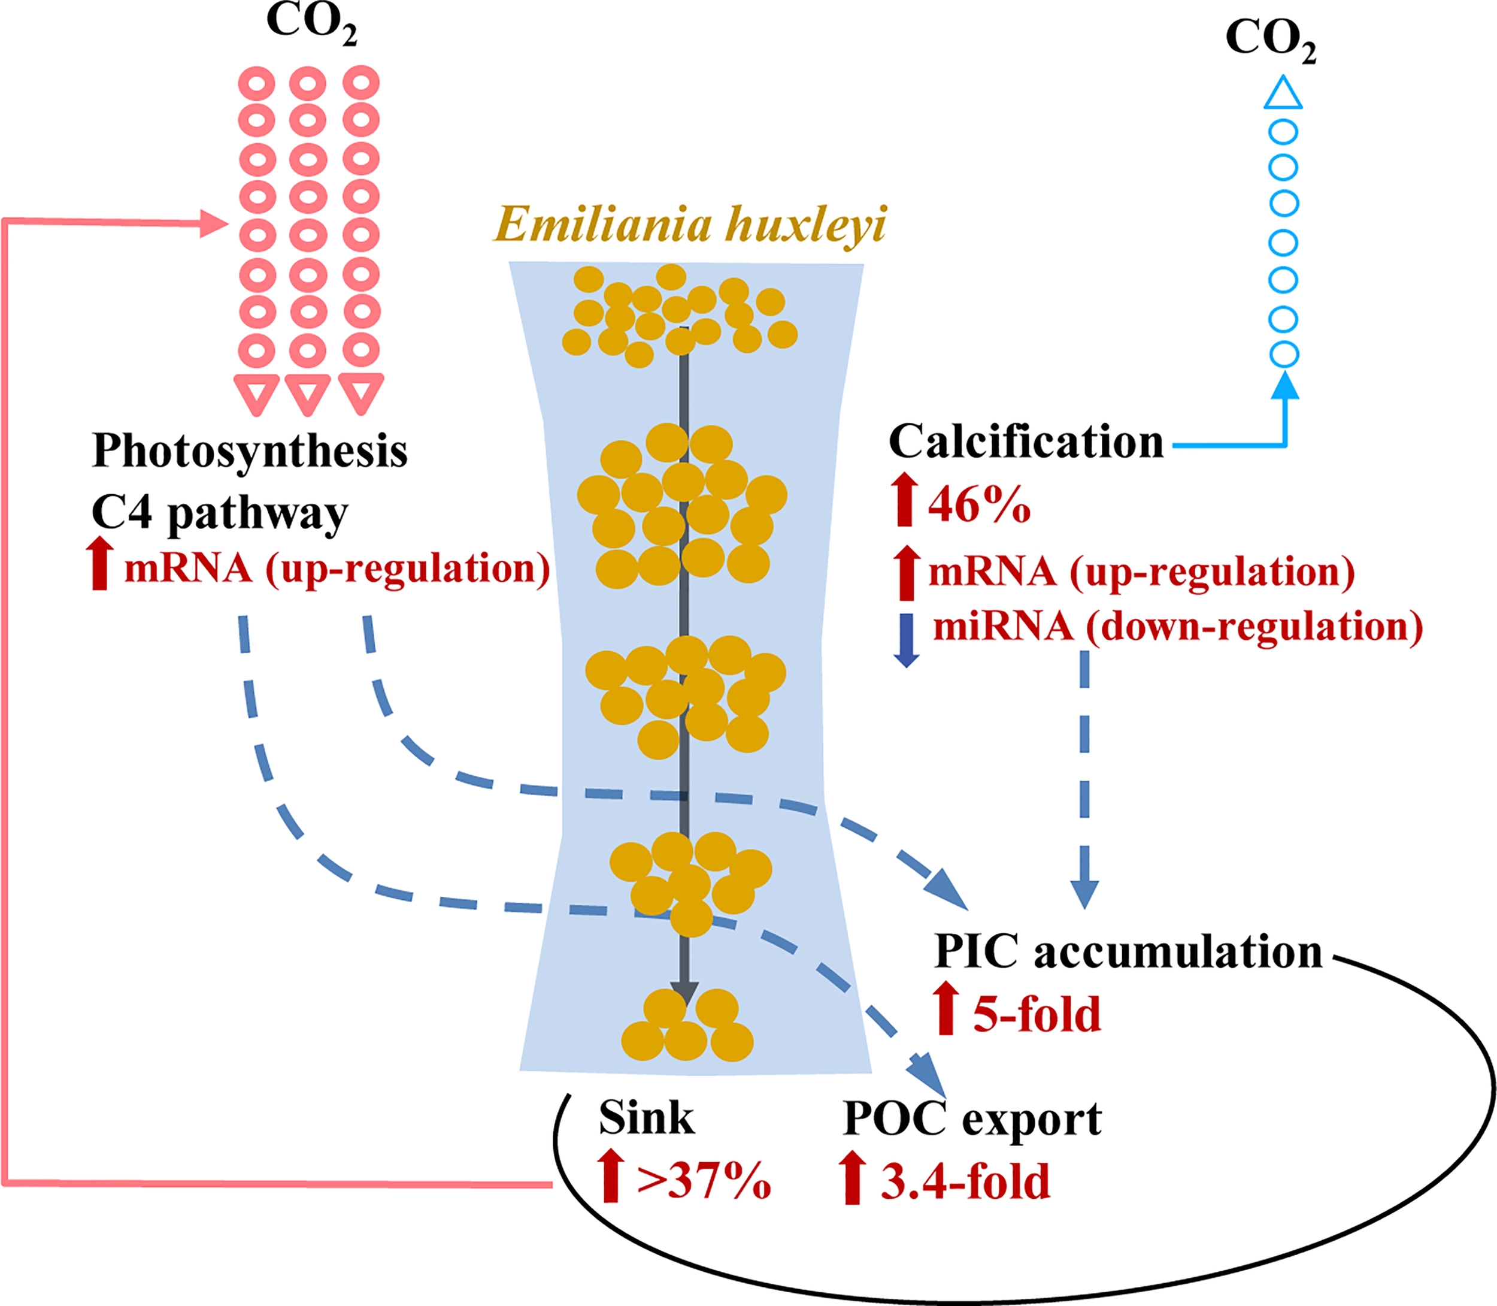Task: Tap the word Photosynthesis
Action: click(250, 451)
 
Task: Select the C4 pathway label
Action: click(219, 513)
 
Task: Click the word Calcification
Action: click(1026, 442)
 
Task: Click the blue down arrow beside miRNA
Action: click(906, 640)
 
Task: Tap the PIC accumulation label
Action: click(1128, 952)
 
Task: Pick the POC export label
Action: click(972, 1118)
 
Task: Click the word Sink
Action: click(646, 1118)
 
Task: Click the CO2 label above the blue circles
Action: click(1271, 38)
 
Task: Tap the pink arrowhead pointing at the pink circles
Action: click(214, 223)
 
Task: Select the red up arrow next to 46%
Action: click(905, 499)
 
